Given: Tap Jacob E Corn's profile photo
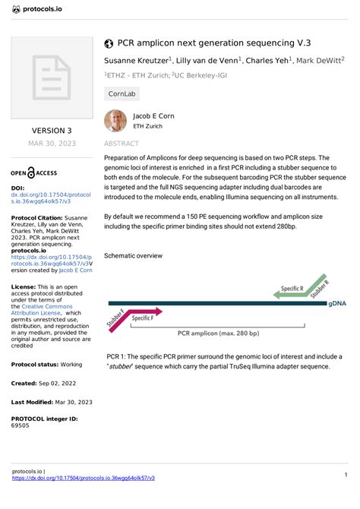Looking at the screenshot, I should pos(115,120).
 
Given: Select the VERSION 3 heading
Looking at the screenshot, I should pos(51,131).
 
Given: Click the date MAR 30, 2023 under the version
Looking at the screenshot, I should pos(51,143).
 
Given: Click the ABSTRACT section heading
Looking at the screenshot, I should pos(121,143).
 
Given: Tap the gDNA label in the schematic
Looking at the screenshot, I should pos(338,303).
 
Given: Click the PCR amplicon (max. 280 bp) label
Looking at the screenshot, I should pos(218,333).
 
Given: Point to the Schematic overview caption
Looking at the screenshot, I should pos(133,256).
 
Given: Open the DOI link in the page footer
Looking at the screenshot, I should pos(84,478).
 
